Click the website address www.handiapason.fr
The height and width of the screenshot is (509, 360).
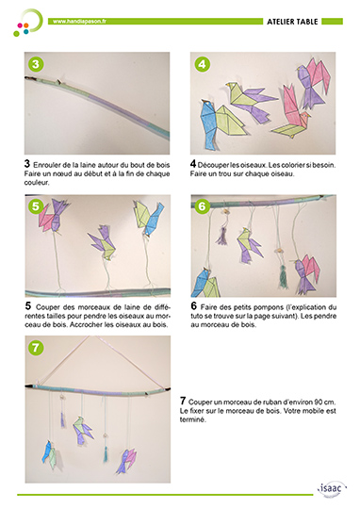click(x=79, y=22)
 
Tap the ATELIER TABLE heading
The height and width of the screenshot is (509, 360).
click(x=292, y=22)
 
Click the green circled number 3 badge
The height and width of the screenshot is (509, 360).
click(x=36, y=64)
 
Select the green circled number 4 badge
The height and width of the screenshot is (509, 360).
click(x=202, y=64)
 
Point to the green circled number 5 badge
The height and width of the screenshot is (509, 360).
click(x=36, y=206)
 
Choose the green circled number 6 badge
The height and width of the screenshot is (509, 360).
click(x=202, y=206)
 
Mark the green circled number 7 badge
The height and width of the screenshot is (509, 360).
click(x=36, y=348)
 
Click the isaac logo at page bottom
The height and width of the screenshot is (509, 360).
click(x=332, y=488)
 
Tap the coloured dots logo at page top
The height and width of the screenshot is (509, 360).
click(x=27, y=23)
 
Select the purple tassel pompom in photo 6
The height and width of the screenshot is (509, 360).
click(x=221, y=236)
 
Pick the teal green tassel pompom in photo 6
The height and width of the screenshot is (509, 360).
click(x=284, y=276)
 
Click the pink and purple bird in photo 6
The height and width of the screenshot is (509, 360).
click(x=306, y=273)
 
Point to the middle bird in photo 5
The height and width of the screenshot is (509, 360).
click(x=102, y=242)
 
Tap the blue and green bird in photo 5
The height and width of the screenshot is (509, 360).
click(x=148, y=217)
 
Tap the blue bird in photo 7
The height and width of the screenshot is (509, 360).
click(x=47, y=452)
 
